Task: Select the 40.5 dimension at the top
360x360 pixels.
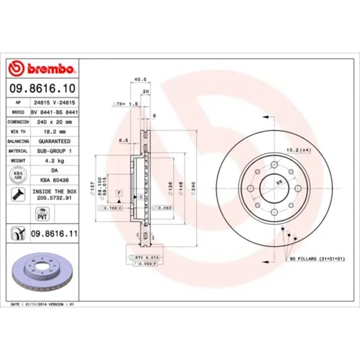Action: coord(136,80)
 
